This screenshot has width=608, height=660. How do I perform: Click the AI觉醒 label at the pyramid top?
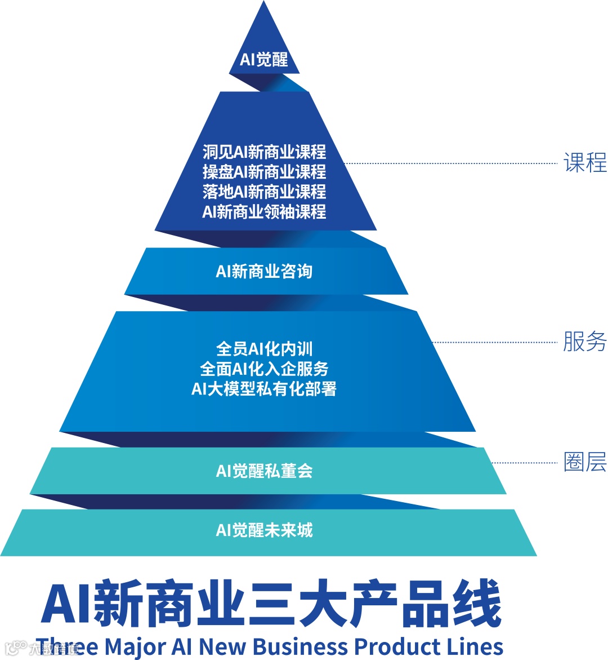point(263,59)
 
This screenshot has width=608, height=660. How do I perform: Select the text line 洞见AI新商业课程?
point(264,152)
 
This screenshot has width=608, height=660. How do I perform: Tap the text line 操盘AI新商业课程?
point(264,171)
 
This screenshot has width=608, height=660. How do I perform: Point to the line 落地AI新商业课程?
point(264,192)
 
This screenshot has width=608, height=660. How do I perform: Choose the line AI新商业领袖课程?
point(264,212)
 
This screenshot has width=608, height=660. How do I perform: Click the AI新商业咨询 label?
point(264,271)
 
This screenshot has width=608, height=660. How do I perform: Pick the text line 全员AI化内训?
point(264,349)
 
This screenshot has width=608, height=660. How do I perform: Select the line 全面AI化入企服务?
point(264,369)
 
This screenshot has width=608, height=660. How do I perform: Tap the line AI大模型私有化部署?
point(264,388)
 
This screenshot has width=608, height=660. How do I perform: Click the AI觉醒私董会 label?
point(264,471)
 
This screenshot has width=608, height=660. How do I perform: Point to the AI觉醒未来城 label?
point(264,530)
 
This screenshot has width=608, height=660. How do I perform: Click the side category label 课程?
point(585,163)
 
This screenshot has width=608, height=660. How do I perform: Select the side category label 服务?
point(585,342)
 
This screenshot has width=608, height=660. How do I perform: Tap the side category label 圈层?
point(585,462)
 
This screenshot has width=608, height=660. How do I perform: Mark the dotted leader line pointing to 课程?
point(450,163)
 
